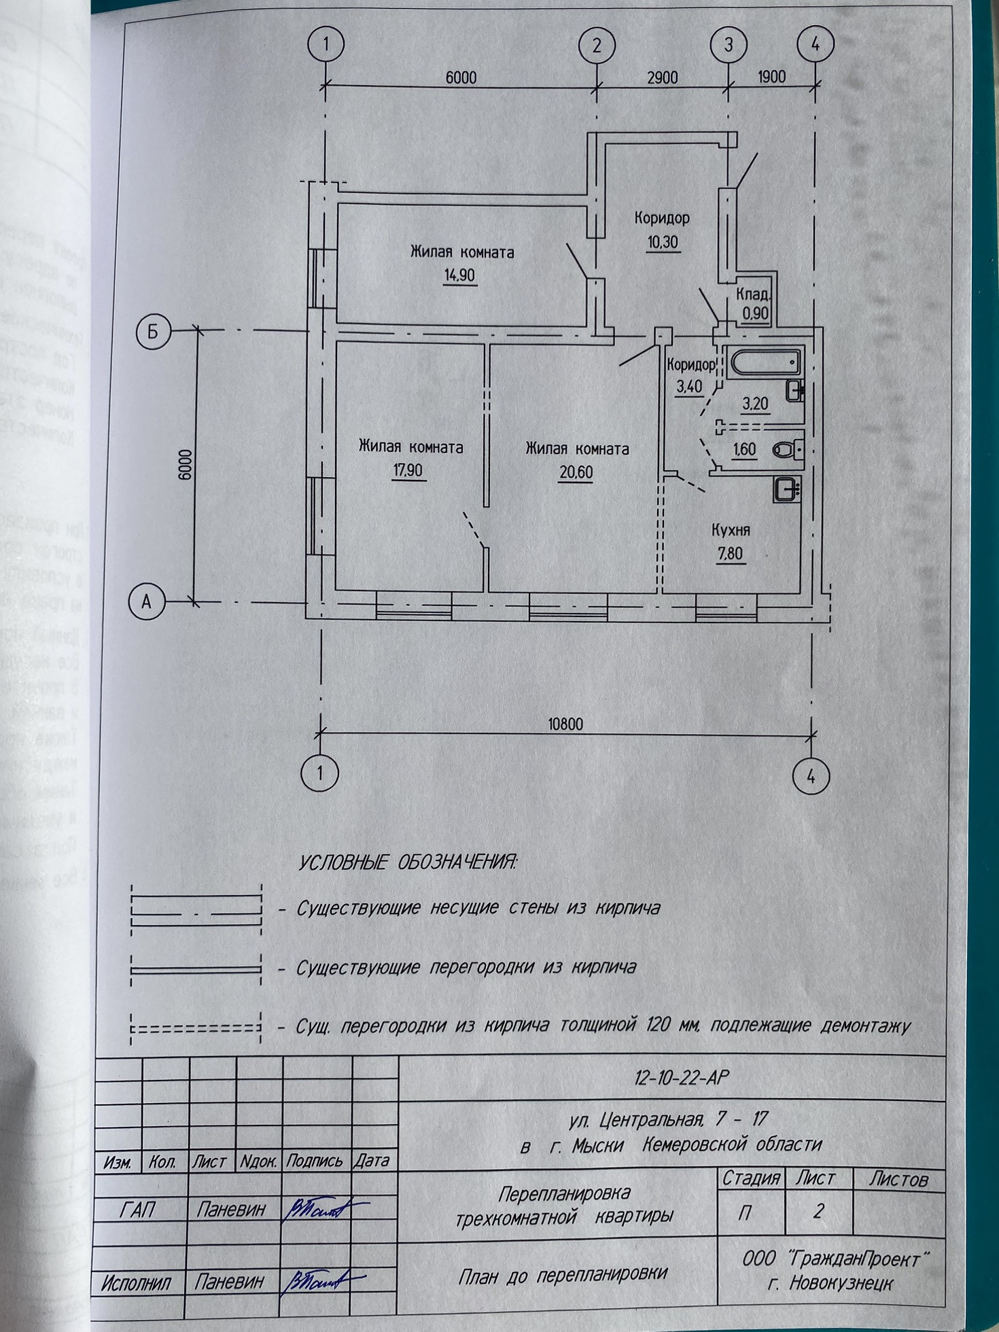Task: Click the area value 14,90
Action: click(x=459, y=275)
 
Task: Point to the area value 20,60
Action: click(x=576, y=471)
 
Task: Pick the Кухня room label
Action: click(x=731, y=529)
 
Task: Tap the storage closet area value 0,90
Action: click(x=755, y=313)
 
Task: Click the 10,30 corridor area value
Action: click(x=662, y=242)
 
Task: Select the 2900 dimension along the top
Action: click(x=662, y=77)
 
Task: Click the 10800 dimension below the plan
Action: click(x=565, y=724)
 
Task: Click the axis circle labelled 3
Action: click(x=729, y=46)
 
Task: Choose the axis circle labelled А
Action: click(x=145, y=602)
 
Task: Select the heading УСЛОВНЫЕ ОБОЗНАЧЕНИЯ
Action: click(x=408, y=863)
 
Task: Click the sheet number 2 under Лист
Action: click(x=818, y=1210)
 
